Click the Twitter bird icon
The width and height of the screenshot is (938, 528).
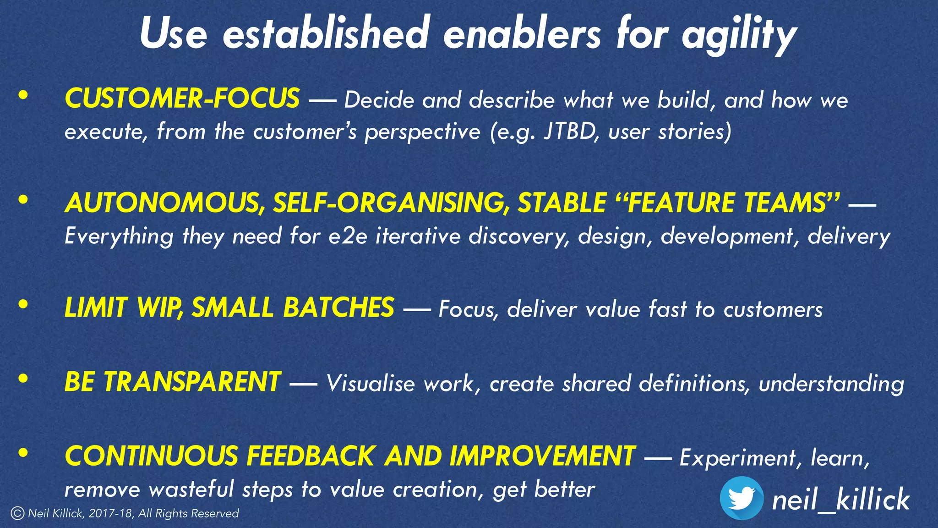[742, 498]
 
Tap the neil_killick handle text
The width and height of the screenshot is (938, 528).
[841, 500]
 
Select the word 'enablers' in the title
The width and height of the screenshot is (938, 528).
[522, 35]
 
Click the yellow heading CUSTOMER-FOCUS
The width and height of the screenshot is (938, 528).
[182, 99]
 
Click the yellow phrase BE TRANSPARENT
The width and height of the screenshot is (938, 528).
[173, 382]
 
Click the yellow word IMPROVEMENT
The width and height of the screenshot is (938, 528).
[542, 456]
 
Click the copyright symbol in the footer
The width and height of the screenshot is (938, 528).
[17, 513]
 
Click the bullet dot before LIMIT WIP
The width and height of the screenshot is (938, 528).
[23, 305]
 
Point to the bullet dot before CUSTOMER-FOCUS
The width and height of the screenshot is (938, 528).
[23, 96]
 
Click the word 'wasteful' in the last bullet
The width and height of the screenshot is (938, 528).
[191, 489]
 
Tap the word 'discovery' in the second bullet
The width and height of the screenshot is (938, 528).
[519, 236]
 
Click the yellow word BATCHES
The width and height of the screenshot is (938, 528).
[338, 308]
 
